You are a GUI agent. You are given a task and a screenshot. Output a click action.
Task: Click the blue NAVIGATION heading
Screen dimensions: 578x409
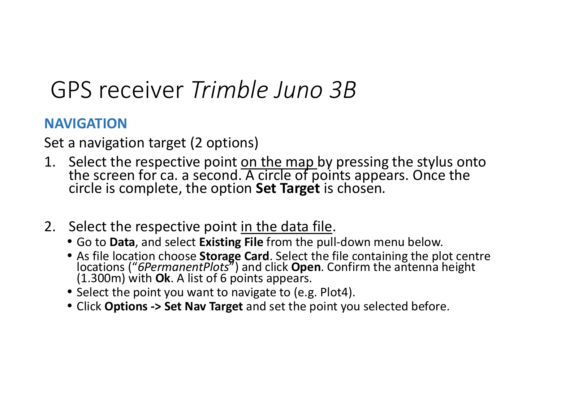[x=85, y=123]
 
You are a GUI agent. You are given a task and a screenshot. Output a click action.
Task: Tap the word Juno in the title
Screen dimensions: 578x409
[x=298, y=90]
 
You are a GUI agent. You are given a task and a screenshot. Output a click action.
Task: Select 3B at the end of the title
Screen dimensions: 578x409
[x=343, y=90]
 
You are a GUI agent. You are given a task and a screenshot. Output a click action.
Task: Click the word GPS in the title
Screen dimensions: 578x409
[x=71, y=90]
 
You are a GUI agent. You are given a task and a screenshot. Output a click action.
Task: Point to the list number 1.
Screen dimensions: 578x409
[x=50, y=162]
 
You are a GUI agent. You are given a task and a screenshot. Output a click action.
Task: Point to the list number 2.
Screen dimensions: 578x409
[x=50, y=227]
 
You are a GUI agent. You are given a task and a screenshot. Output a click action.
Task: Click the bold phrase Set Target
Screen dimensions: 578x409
[x=288, y=188]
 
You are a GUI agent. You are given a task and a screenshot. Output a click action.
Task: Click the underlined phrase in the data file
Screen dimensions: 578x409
[x=286, y=227]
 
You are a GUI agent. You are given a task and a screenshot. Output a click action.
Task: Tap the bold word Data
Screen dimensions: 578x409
[x=122, y=242]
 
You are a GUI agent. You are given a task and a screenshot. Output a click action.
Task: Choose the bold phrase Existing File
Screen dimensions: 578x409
[x=231, y=242]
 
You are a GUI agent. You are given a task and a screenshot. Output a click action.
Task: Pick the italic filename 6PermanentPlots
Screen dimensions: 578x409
[x=183, y=267]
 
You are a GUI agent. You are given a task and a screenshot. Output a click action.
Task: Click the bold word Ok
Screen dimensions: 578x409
[x=163, y=279]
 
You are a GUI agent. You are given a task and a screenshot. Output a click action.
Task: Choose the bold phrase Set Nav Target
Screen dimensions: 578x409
[x=203, y=306]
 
